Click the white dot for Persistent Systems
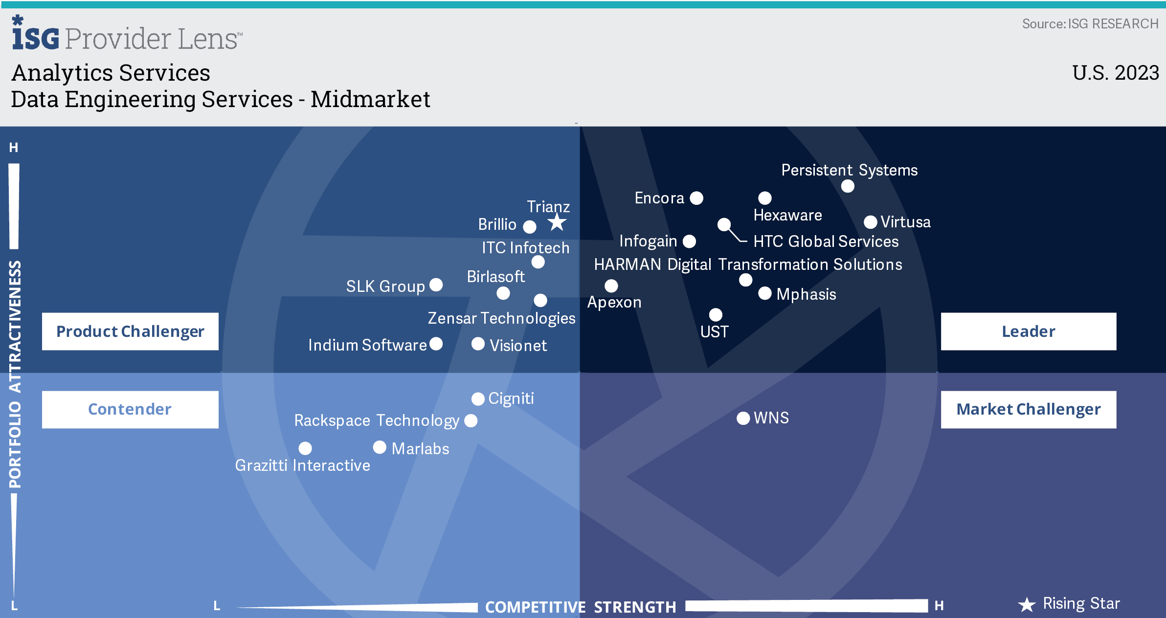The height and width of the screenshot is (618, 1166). [x=848, y=186]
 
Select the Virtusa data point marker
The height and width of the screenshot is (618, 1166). [x=870, y=222]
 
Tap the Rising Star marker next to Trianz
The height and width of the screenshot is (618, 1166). [x=557, y=223]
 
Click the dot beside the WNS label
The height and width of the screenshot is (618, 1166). [x=743, y=418]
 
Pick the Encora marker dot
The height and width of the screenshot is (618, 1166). [x=696, y=198]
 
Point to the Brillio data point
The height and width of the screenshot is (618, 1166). [x=530, y=226]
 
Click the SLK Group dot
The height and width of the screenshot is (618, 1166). [x=436, y=285]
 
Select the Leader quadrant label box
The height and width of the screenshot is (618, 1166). [x=1029, y=331]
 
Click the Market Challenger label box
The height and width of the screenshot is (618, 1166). [x=1029, y=409]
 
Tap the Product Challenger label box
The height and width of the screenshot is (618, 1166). [x=130, y=331]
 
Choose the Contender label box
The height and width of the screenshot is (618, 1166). [x=130, y=409]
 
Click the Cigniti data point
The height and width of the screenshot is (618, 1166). [x=478, y=399]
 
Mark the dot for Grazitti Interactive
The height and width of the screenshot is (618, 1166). [x=305, y=448]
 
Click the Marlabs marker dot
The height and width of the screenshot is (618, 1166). [x=380, y=447]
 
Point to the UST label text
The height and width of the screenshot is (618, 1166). [x=714, y=332]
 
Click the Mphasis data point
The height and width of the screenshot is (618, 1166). [x=765, y=293]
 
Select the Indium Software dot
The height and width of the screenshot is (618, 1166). [x=436, y=344]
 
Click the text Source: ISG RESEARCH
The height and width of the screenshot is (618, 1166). [x=1090, y=24]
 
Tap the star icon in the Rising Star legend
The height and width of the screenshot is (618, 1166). [x=1027, y=605]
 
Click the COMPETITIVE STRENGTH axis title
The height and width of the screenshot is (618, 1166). [x=581, y=607]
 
